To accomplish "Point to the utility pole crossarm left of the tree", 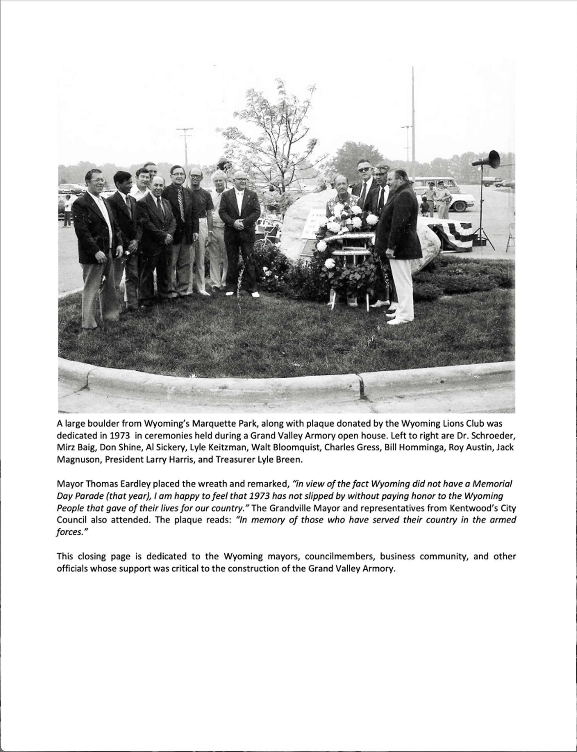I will click(185, 130).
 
